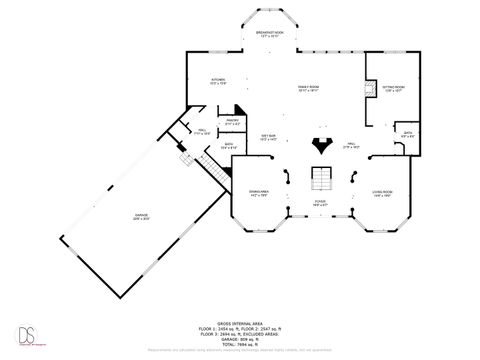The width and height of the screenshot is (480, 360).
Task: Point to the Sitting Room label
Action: pos(393,88)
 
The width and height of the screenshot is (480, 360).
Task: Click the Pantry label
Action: pos(231,121)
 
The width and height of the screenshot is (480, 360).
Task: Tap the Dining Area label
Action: pos(259,194)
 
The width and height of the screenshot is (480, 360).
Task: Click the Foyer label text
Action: pos(320,203)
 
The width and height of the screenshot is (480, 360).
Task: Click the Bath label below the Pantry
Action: pos(229,146)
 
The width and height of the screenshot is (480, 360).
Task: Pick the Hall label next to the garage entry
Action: pos(199,131)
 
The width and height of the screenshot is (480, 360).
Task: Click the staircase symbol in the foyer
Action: pos(320,180)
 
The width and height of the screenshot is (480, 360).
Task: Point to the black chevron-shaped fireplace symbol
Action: pos(321,143)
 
